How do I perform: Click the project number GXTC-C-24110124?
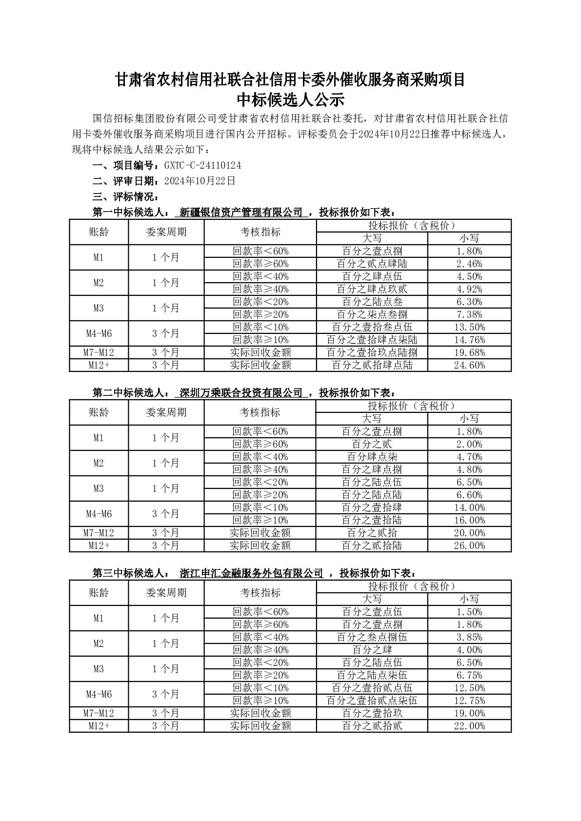coord(202,166)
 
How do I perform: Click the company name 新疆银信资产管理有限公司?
coord(241,213)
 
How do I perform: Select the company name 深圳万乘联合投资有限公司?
coord(241,393)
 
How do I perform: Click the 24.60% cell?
coord(469,365)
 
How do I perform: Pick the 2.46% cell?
coord(469,264)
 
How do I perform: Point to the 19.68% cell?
coord(469,352)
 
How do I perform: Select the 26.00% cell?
coord(469,546)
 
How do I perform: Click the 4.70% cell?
coord(469,457)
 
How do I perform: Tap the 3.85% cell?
coord(469,637)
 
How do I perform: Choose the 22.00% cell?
coord(469,726)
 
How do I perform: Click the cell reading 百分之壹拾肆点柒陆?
coord(372,340)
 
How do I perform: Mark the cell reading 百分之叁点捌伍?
coord(372,637)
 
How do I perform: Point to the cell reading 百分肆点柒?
coord(372,457)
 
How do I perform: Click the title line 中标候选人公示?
coord(290,100)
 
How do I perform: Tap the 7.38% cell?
coord(469,314)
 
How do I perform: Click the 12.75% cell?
coord(469,701)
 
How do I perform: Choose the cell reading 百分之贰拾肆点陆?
coord(372,365)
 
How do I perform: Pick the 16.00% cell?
coord(469,520)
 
